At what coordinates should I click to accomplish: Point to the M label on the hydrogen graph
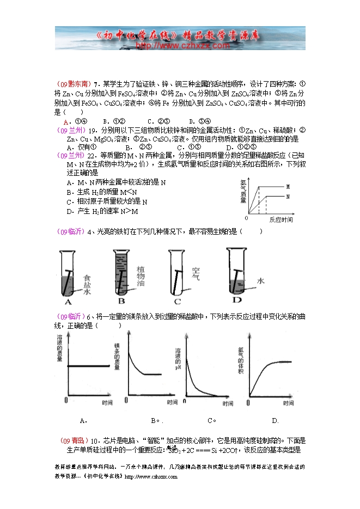tap(287, 187)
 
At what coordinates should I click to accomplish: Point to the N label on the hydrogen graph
tap(287, 195)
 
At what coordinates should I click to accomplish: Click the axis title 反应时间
tap(281, 220)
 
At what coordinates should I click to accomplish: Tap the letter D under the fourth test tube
tap(237, 300)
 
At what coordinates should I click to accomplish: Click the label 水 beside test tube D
tap(260, 281)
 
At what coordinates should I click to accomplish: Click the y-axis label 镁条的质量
tap(117, 357)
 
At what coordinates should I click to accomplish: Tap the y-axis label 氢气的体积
tap(240, 359)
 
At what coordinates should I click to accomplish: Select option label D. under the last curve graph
tap(275, 420)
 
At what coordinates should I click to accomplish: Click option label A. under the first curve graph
tap(83, 420)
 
